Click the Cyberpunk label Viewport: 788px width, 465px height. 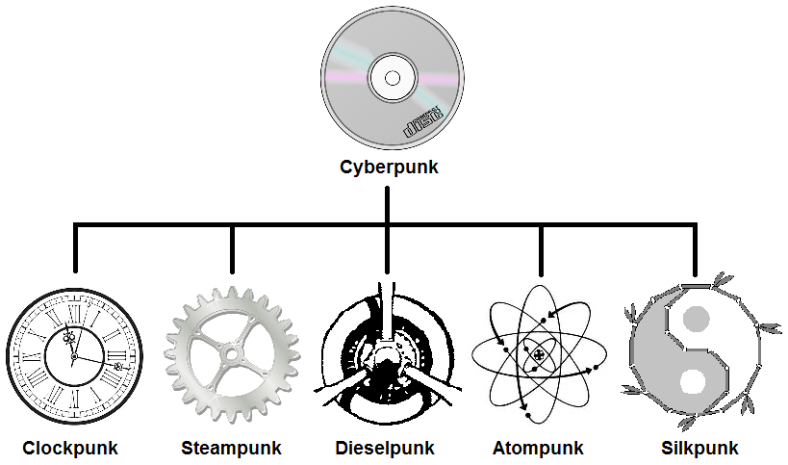click(389, 167)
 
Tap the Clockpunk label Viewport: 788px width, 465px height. click(70, 448)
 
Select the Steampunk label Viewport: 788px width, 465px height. click(231, 448)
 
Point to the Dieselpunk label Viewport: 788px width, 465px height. click(385, 448)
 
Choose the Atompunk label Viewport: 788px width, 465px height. click(539, 448)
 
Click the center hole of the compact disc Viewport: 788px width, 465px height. click(392, 77)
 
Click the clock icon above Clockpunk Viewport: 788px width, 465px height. click(74, 355)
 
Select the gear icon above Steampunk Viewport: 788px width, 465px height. click(231, 354)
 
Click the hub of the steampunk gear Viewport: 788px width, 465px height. click(231, 354)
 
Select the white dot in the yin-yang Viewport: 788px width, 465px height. click(693, 381)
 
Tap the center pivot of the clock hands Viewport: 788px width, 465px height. click(73, 355)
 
